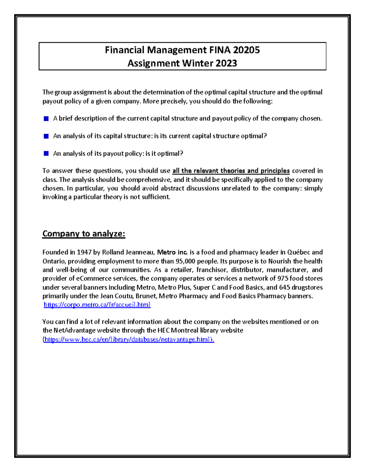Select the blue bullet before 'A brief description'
[x=46, y=119]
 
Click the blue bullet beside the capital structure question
[x=46, y=136]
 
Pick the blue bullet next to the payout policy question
[x=46, y=154]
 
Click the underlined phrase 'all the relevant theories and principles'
[x=231, y=171]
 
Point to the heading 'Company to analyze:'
[x=84, y=234]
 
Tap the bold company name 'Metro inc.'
[x=172, y=252]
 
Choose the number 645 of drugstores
[x=284, y=287]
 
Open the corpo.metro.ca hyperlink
[x=97, y=305]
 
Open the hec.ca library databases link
[x=129, y=339]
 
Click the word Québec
[x=298, y=252]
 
